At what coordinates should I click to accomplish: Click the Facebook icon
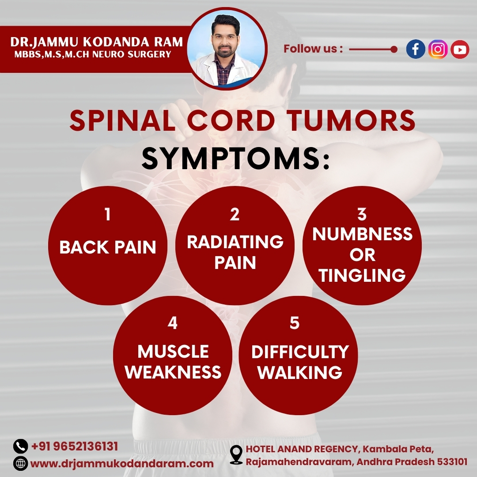tap(416, 49)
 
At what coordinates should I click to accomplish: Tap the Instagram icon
tap(438, 49)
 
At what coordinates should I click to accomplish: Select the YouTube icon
tap(460, 49)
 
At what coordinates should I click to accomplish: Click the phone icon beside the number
tap(20, 447)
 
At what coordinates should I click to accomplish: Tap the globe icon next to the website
tap(20, 464)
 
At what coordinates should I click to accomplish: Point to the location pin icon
tap(237, 454)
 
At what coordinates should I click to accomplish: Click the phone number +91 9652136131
tap(75, 446)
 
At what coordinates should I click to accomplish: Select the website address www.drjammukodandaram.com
tap(122, 464)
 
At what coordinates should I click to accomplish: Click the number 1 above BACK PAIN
tap(107, 215)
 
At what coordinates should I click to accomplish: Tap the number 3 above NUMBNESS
tap(362, 214)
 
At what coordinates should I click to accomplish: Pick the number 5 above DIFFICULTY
tap(295, 323)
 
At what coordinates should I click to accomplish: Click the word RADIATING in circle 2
tap(235, 242)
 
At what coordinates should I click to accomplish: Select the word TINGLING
tap(362, 276)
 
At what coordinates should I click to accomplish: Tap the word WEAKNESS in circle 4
tap(173, 372)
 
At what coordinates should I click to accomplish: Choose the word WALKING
tap(300, 372)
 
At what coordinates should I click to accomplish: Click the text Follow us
tap(313, 49)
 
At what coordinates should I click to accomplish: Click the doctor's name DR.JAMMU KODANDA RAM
tap(96, 42)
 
